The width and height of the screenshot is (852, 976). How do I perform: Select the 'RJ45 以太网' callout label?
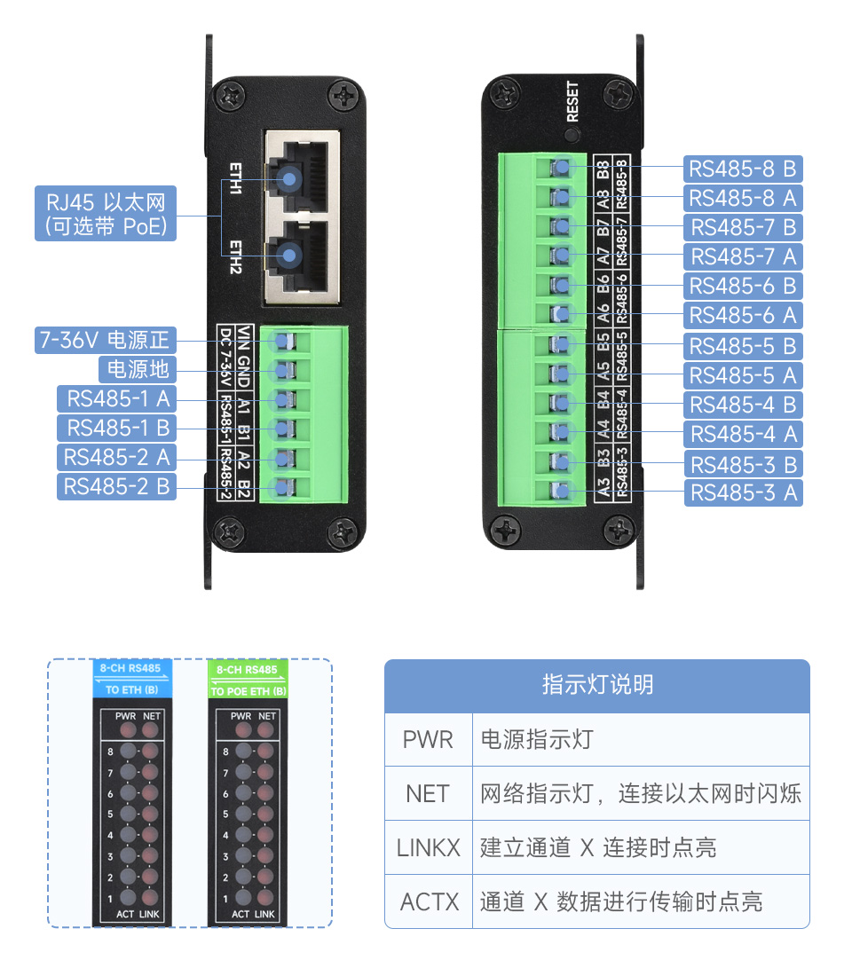coord(106,213)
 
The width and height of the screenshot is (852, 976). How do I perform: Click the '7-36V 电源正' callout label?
coord(106,340)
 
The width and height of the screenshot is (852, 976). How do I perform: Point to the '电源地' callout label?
coord(137,369)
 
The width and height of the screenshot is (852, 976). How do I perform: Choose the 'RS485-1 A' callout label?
coord(117,398)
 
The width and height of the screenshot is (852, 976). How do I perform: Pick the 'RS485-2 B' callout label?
coord(117,486)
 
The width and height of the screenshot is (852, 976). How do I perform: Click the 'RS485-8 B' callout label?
coord(743,169)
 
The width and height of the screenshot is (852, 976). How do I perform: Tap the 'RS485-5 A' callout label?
coord(743,375)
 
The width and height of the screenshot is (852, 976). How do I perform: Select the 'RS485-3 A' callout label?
coord(743,492)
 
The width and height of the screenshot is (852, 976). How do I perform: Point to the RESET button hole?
coord(572,136)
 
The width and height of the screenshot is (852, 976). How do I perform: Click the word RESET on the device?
coord(572,101)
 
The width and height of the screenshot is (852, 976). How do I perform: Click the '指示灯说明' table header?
coord(597,686)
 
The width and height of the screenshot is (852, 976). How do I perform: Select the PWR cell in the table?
coord(428,740)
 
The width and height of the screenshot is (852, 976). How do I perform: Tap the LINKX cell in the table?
coord(428,847)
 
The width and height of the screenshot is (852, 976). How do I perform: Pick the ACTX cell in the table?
coord(428,902)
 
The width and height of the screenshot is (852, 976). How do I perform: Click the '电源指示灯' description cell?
coord(536,740)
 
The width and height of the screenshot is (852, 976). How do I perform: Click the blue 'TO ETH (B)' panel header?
coord(132,680)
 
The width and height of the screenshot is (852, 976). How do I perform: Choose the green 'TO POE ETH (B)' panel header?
coord(248,680)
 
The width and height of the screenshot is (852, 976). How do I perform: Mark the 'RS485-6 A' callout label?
coord(743,315)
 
